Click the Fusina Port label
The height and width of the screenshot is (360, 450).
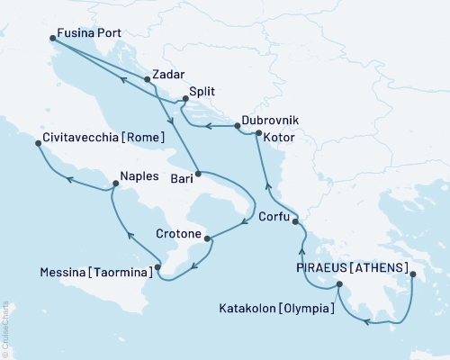[88, 34]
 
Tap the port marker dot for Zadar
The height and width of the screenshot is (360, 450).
[147, 79]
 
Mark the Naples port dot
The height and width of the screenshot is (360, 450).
[114, 184]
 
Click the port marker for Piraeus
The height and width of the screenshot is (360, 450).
[413, 274]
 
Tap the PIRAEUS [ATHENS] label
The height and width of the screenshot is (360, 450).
[354, 266]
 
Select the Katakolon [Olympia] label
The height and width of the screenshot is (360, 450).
[276, 308]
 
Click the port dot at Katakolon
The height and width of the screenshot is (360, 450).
[339, 285]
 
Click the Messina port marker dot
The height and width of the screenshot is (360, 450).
[157, 266]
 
